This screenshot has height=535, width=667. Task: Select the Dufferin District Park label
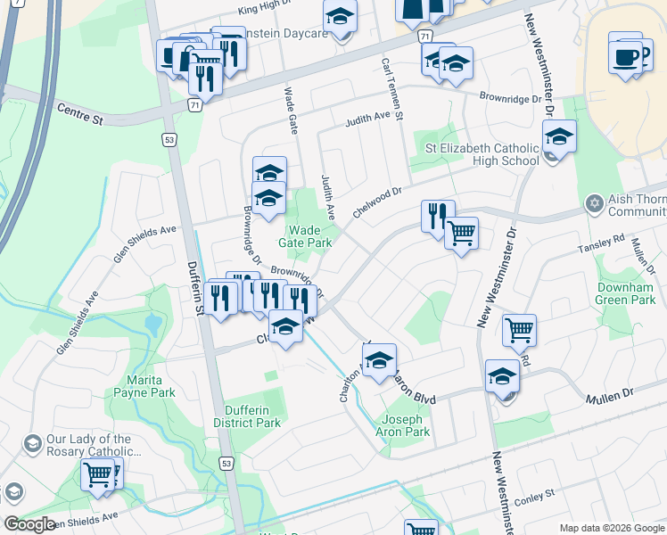pyautogui.click(x=247, y=416)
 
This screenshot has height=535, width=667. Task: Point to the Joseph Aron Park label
pyautogui.click(x=406, y=425)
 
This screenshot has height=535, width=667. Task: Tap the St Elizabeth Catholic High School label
pyautogui.click(x=482, y=154)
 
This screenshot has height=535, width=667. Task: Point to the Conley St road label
pyautogui.click(x=534, y=493)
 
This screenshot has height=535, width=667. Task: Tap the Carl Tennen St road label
pyautogui.click(x=392, y=89)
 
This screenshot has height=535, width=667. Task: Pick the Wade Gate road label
pyautogui.click(x=290, y=111)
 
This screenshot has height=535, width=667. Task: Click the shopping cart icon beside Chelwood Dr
pyautogui.click(x=461, y=234)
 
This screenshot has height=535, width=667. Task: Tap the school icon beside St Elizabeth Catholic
pyautogui.click(x=559, y=136)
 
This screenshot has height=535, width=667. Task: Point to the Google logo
pyautogui.click(x=29, y=524)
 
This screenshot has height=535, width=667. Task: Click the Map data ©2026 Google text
pyautogui.click(x=611, y=528)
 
